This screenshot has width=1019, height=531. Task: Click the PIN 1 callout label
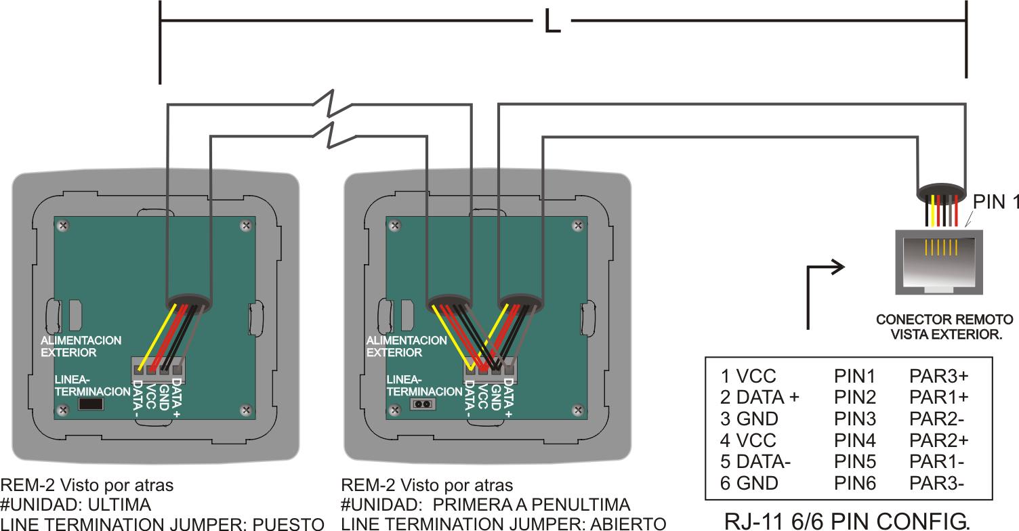[x=995, y=202]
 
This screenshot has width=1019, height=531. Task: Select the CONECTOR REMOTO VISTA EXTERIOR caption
[x=938, y=326]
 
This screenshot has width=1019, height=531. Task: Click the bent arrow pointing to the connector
[x=823, y=291]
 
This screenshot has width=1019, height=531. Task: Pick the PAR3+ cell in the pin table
[x=938, y=376]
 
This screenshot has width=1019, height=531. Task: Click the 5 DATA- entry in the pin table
[x=755, y=461]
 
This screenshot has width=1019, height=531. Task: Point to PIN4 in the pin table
[x=854, y=440]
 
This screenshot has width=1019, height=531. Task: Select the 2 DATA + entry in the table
[x=760, y=397]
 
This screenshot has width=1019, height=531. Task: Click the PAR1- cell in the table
[x=936, y=461]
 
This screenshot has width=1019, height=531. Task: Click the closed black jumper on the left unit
[x=91, y=404]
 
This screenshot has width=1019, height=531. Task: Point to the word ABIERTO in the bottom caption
[x=629, y=524]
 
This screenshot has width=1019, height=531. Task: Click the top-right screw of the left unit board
[x=245, y=226]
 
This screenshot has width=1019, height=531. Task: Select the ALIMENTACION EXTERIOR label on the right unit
[x=407, y=346]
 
